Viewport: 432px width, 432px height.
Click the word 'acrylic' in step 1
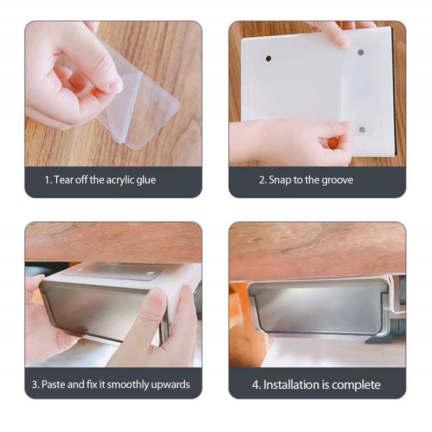pos(120,180)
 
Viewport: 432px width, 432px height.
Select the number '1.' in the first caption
pos(48,180)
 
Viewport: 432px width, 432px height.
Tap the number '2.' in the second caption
pos(262,180)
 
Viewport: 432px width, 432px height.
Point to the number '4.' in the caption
pos(256,385)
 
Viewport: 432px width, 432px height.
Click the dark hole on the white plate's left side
pos(268,58)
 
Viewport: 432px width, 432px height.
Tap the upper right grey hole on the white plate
pos(360,52)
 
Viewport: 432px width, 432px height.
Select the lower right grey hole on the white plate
pos(362,130)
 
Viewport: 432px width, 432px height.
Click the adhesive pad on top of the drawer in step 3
pos(113,272)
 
